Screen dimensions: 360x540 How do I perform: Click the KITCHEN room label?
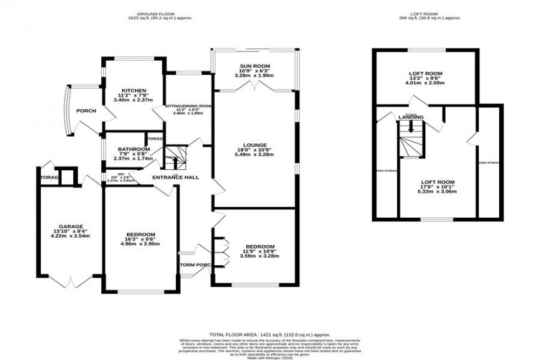134,90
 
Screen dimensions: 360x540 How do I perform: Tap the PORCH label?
86,111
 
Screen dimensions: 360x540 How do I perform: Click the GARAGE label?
71,226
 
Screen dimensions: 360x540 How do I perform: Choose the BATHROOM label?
133,149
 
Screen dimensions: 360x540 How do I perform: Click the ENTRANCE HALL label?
176,177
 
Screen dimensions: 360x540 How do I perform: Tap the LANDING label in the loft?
411,117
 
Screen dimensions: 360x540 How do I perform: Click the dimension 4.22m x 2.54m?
71,236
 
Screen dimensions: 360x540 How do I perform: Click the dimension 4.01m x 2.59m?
425,83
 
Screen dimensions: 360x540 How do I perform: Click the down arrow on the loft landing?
410,127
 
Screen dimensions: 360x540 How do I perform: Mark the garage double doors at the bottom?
70,281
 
